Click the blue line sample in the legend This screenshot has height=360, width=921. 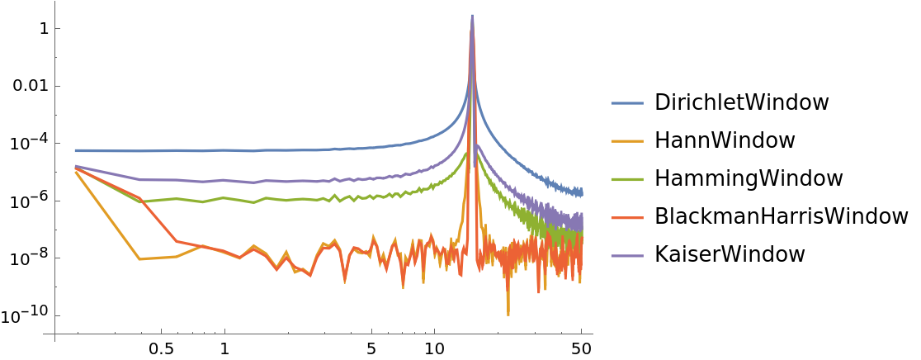tap(626, 103)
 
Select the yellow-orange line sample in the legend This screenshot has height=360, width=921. tap(626, 141)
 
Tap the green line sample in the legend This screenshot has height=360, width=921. tap(626, 179)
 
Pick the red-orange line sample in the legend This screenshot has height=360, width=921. tap(626, 218)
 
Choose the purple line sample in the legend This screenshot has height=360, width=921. tap(626, 256)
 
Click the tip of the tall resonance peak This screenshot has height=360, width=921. tap(472, 15)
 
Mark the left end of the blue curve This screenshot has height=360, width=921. tap(75, 150)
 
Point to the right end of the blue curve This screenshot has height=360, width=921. tap(583, 192)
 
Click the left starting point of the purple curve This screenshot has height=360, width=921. tap(75, 166)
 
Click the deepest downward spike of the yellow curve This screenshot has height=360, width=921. tap(508, 315)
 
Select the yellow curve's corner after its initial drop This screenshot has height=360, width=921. tap(139, 259)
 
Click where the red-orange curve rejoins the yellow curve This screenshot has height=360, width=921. tap(201, 246)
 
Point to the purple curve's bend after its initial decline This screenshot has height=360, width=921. tap(141, 179)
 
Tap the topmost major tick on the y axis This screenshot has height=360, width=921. tap(54, 28)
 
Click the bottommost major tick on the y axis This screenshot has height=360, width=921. tap(54, 315)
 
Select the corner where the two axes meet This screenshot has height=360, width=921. tap(54, 334)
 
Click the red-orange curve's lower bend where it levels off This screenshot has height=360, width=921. tap(176, 241)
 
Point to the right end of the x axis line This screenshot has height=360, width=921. tap(593, 334)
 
